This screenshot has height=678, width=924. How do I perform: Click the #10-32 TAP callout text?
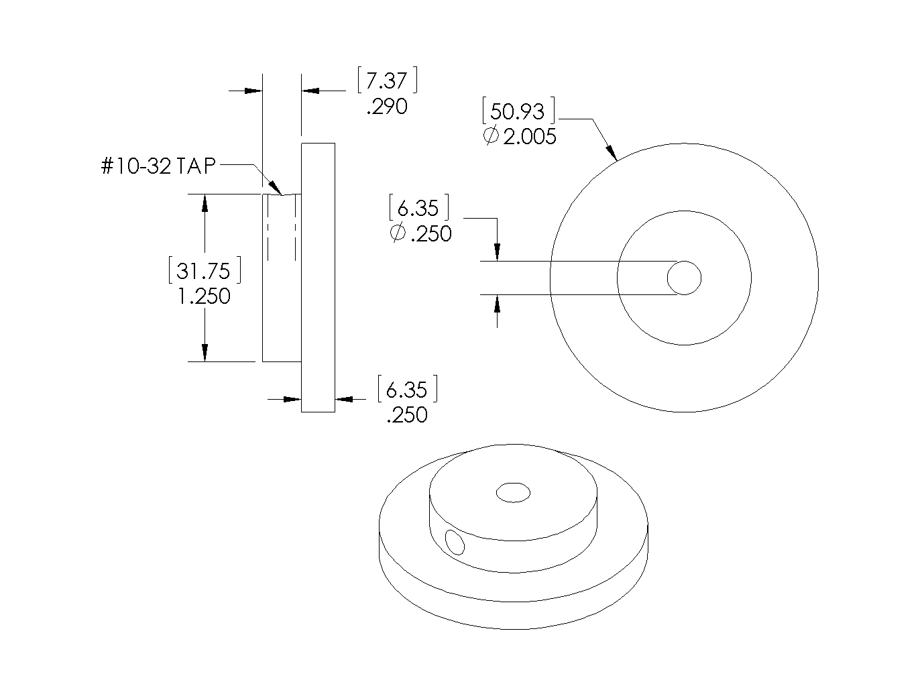[158, 166]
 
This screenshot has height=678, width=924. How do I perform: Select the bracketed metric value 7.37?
[387, 81]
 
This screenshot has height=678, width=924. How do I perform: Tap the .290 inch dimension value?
[387, 107]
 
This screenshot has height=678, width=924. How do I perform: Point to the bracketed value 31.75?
[204, 271]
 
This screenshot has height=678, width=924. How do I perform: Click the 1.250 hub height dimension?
[204, 296]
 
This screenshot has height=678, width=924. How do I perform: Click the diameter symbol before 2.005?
[490, 136]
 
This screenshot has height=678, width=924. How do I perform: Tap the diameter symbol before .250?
[397, 233]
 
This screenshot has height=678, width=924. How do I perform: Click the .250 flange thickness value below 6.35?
[407, 414]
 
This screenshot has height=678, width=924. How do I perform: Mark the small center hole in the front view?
[684, 278]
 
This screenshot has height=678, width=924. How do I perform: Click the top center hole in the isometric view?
[513, 493]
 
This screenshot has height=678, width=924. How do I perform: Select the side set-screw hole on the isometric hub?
[455, 542]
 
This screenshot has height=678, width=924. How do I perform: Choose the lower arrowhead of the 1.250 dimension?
[205, 352]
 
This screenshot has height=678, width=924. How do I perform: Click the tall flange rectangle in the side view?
[318, 278]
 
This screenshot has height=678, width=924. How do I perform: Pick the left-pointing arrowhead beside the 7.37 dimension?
[311, 90]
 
